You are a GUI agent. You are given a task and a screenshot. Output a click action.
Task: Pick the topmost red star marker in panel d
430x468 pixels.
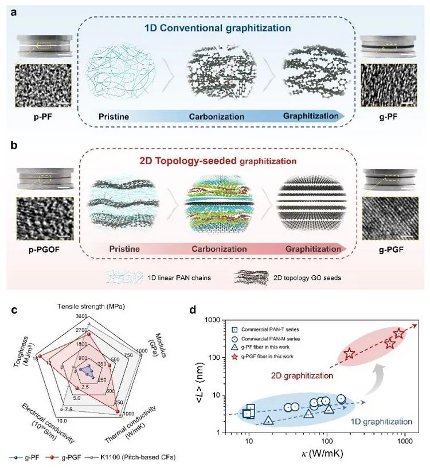coord(399,333)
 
